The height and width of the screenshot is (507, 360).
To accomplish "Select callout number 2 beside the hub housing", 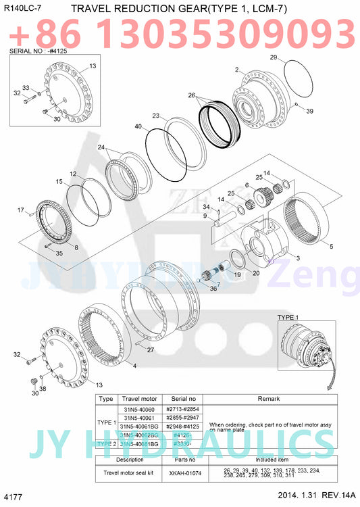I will pos(236,70).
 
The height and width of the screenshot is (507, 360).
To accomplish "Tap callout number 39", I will pos(309,111).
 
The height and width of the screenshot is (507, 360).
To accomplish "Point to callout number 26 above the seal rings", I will pos(192,95).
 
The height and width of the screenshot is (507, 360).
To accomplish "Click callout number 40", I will pos(138,126).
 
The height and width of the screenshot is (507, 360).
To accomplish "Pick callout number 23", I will pos(155,116).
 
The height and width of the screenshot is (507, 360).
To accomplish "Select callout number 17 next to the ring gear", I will pos(20,210).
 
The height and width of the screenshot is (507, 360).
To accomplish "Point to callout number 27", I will pos(151,349).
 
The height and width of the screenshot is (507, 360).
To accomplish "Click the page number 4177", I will pos(14,498).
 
